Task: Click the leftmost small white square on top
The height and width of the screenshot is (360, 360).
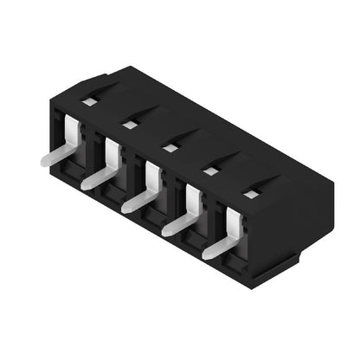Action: pyautogui.click(x=88, y=102)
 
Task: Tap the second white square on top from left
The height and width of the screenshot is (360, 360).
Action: pyautogui.click(x=129, y=125)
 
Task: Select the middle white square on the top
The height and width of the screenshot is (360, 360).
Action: pyautogui.click(x=170, y=149)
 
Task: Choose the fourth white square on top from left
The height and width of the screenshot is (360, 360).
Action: pyautogui.click(x=209, y=171)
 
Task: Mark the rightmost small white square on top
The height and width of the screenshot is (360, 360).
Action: pyautogui.click(x=249, y=196)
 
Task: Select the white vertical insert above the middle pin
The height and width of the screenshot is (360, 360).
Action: pyautogui.click(x=152, y=178)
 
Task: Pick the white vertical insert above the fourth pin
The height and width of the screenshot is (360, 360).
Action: pyautogui.click(x=193, y=202)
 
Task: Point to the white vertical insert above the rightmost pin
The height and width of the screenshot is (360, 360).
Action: pyautogui.click(x=233, y=224)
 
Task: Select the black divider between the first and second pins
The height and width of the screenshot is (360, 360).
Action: pyautogui.click(x=95, y=151)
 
